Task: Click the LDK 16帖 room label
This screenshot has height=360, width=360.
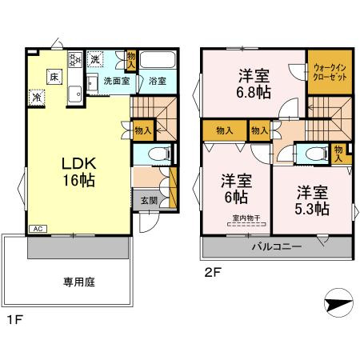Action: (78, 171)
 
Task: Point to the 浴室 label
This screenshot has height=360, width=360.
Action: (156, 82)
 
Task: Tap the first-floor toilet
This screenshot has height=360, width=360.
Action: (157, 152)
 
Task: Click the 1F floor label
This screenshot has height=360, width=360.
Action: (14, 320)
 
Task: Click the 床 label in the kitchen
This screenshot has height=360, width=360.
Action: (53, 77)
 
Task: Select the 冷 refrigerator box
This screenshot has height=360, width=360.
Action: (37, 97)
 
